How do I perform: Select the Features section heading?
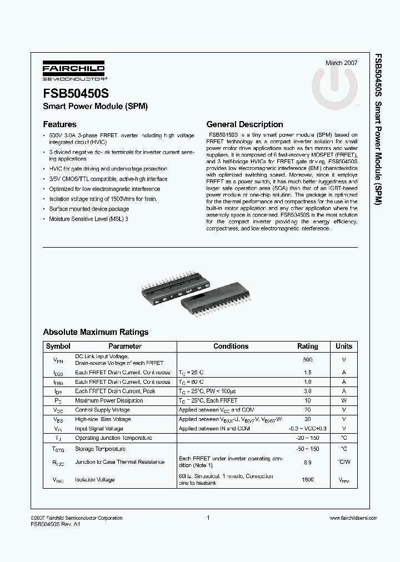click(59, 124)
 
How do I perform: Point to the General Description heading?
click(244, 124)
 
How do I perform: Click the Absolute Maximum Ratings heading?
click(96, 332)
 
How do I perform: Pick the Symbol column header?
click(58, 346)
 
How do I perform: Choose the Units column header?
click(344, 346)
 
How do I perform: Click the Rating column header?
click(308, 346)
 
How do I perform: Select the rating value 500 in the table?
click(308, 359)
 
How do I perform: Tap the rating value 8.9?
click(308, 462)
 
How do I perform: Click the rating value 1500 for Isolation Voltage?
click(308, 479)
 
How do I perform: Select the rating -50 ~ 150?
click(308, 448)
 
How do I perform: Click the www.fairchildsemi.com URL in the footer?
click(353, 518)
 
